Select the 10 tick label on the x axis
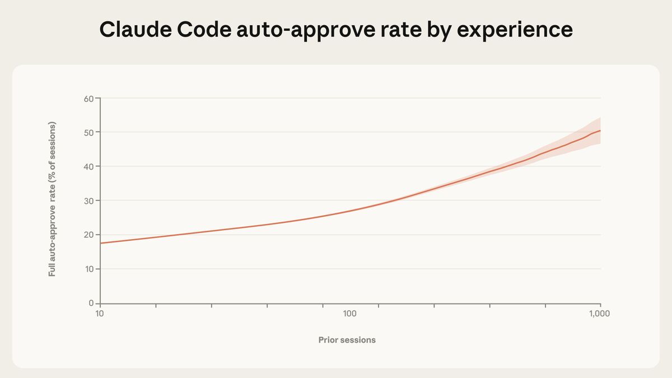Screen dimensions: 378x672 [100, 314]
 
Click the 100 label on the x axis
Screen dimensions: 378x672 [350, 314]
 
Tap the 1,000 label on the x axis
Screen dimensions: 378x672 [600, 314]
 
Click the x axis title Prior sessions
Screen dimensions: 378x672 [347, 340]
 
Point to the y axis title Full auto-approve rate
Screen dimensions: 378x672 [52, 199]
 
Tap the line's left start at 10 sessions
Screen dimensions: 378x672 [101, 243]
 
